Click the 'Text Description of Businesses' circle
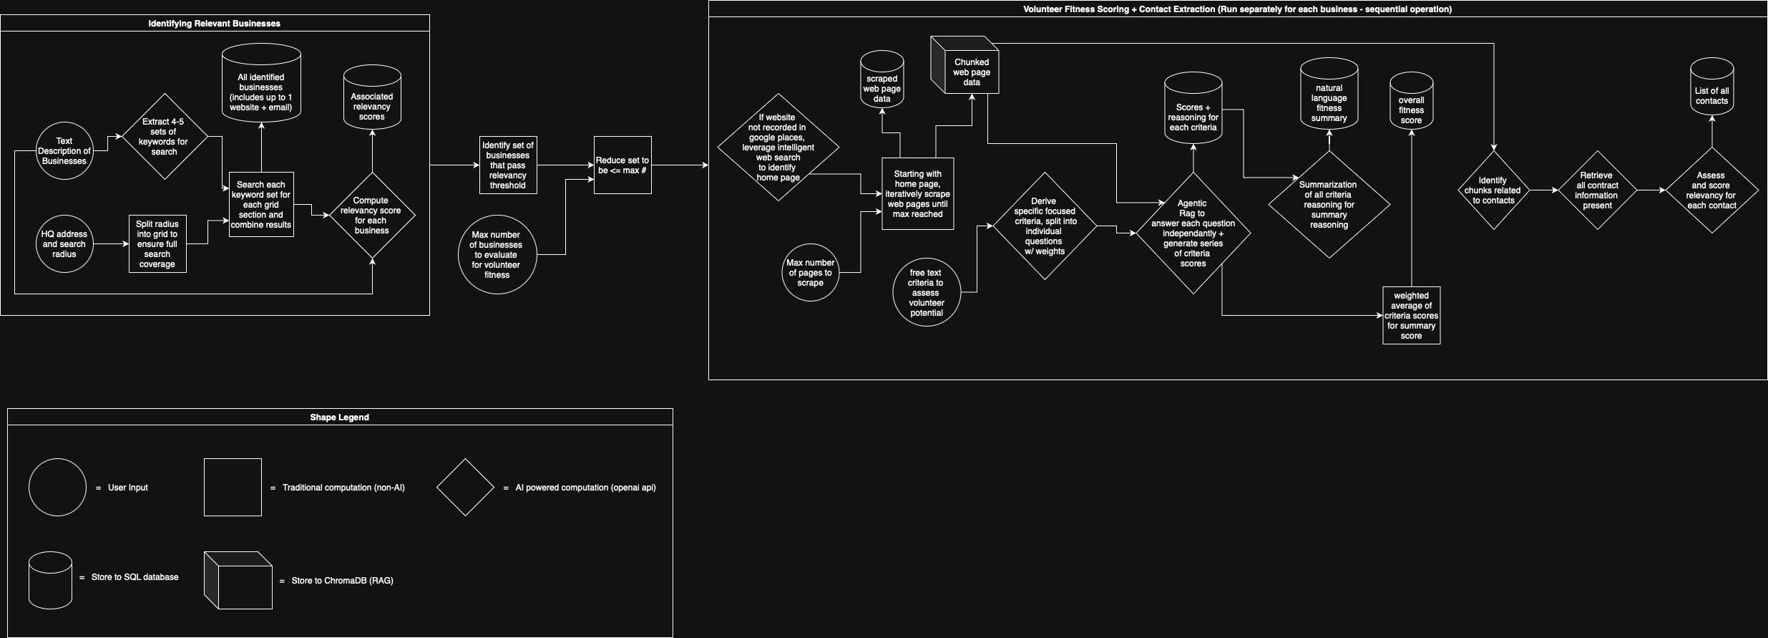pos(64,151)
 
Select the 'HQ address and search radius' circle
pos(64,244)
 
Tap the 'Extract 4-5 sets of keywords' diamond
pos(164,137)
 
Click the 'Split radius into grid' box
pos(157,244)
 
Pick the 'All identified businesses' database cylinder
pos(261,84)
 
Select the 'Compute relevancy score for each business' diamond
pos(372,216)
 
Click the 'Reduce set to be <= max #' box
pos(622,165)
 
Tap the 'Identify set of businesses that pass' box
pos(508,165)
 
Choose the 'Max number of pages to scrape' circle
pos(811,273)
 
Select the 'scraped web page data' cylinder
pos(882,81)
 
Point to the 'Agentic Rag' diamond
pos(1193,233)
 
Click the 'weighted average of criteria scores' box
pos(1411,316)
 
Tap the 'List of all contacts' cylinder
pos(1711,90)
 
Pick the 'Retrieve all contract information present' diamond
pos(1597,190)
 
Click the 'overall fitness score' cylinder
pos(1411,104)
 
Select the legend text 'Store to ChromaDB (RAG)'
pos(342,581)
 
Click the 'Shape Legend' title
pos(339,417)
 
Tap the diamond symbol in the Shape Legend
pos(465,488)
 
